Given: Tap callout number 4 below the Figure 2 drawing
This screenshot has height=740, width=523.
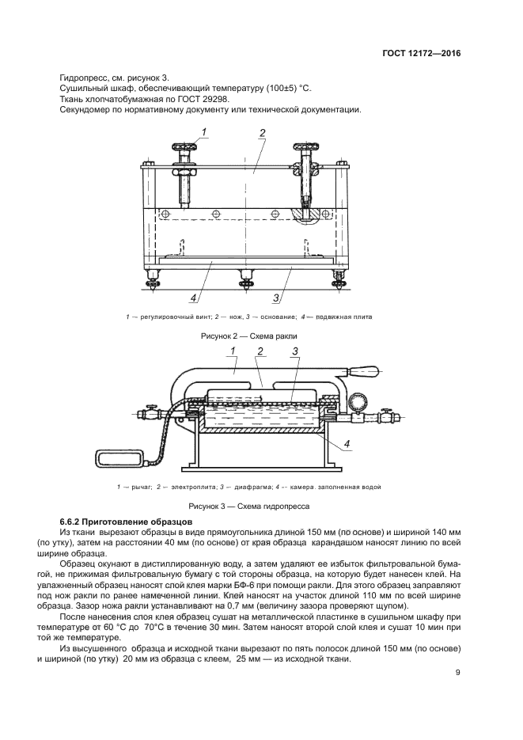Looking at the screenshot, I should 192,298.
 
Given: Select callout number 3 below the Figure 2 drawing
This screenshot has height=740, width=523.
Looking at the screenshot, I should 276,298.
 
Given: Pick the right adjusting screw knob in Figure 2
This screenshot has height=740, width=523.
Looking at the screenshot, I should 305,146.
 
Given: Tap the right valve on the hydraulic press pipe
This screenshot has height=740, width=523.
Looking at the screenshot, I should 385,412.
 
